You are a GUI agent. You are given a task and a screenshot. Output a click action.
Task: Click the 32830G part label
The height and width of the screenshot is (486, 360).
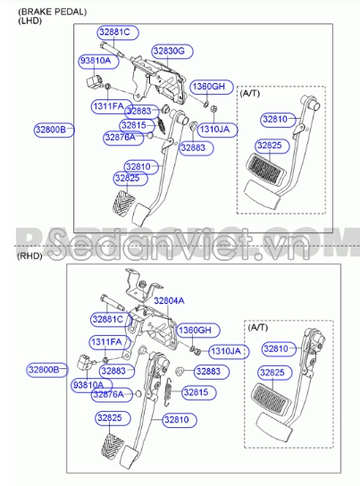point(168,52)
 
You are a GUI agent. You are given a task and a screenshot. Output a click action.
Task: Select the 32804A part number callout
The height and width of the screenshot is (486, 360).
point(169,300)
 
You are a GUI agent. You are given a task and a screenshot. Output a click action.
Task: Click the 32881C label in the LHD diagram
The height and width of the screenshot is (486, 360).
point(113,33)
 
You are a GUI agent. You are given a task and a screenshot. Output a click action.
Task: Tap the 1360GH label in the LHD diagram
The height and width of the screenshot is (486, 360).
point(209,87)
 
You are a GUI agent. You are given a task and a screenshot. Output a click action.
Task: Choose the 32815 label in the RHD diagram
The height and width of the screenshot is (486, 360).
point(195,391)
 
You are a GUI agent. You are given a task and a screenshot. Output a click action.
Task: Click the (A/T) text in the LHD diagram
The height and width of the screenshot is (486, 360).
point(251,93)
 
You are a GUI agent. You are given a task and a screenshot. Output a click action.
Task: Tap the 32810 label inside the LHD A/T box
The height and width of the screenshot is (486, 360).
point(276,119)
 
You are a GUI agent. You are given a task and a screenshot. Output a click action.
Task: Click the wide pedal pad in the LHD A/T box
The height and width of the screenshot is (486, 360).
point(267,172)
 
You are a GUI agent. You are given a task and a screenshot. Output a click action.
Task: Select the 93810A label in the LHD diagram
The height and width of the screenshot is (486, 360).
point(96,61)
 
